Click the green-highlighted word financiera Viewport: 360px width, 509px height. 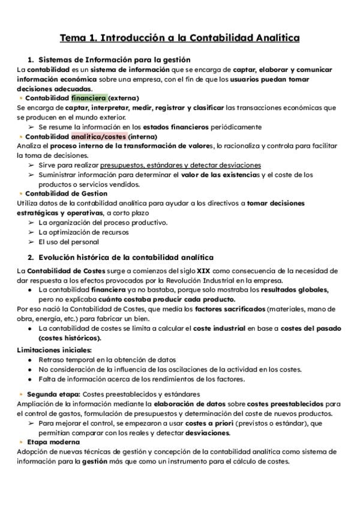point(89,98)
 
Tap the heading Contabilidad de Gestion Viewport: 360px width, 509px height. point(67,194)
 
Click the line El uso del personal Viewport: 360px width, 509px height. point(68,242)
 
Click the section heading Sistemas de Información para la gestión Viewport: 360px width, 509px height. point(114,60)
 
